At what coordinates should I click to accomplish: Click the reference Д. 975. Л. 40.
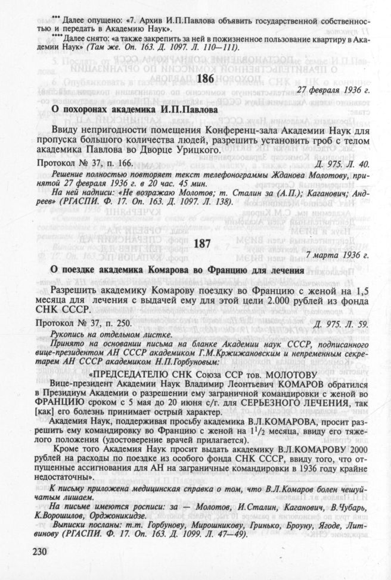340,162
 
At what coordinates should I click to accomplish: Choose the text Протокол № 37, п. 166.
84,162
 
